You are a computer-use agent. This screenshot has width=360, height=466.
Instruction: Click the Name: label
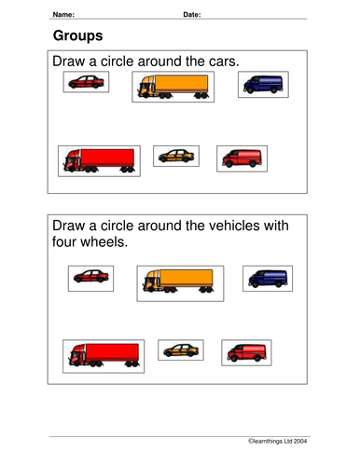pyautogui.click(x=65, y=15)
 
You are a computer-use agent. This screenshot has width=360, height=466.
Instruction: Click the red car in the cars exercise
pyautogui.click(x=86, y=83)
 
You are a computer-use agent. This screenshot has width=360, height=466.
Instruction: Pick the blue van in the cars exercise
pyautogui.click(x=264, y=84)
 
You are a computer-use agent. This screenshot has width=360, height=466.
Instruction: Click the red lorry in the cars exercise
pyautogui.click(x=99, y=159)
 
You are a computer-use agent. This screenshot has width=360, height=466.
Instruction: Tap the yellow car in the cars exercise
pyautogui.click(x=174, y=156)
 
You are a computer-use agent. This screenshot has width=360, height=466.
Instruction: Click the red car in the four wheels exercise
pyautogui.click(x=90, y=276)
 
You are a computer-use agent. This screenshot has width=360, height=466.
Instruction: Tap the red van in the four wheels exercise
pyautogui.click(x=245, y=351)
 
